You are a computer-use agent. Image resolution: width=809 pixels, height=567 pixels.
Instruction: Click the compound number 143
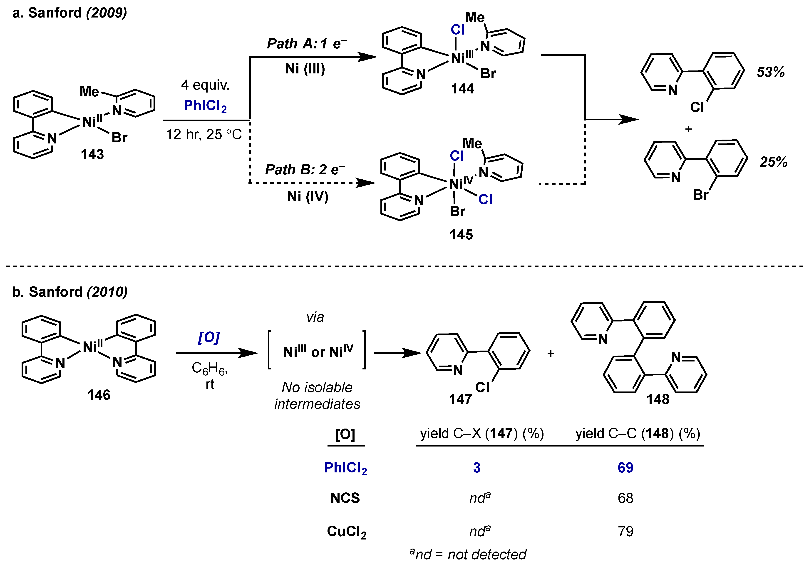coord(92,154)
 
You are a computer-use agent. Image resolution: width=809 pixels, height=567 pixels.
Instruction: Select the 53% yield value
coord(771,72)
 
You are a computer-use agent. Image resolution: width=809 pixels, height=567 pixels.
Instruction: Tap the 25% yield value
coord(773,162)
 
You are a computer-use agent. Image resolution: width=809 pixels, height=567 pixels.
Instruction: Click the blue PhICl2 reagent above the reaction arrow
coord(205,106)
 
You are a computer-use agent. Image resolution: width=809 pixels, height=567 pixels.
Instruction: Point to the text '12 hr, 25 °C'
coord(204,135)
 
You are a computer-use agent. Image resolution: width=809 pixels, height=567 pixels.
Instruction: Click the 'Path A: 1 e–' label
coord(307,44)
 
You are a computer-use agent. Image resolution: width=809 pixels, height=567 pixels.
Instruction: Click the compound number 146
coord(99,395)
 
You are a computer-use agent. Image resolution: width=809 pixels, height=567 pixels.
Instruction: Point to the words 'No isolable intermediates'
coord(317,396)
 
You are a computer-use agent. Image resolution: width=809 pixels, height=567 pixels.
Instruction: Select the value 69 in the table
coord(625,468)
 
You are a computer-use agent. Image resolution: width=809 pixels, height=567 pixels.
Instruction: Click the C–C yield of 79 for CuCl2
coord(625,531)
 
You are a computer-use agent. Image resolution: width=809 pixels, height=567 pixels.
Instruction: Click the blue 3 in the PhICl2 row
coord(477,468)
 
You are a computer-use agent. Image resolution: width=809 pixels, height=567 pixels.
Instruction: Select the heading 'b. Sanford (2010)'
coord(70,292)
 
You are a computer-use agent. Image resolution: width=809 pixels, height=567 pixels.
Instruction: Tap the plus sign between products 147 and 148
coord(551,353)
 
